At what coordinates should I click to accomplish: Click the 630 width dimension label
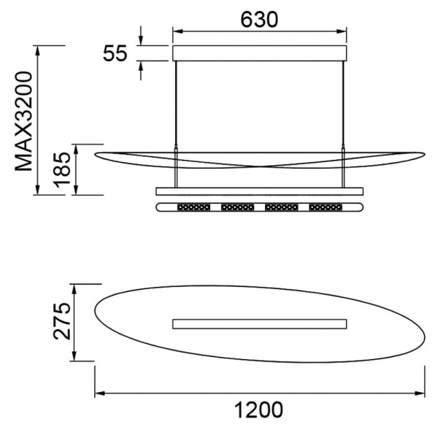coord(259,20)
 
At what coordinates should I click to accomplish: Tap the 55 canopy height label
coord(115,53)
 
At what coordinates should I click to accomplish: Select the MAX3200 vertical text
coord(24,121)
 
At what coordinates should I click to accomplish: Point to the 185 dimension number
coord(62,170)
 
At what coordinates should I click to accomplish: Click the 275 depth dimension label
coord(62,321)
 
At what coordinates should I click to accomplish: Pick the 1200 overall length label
coord(258,410)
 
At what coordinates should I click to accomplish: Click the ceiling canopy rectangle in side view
coord(259,53)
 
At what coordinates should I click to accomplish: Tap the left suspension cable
coord(176,124)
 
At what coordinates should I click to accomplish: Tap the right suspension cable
coord(343,124)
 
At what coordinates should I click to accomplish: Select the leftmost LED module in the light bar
coord(193,207)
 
